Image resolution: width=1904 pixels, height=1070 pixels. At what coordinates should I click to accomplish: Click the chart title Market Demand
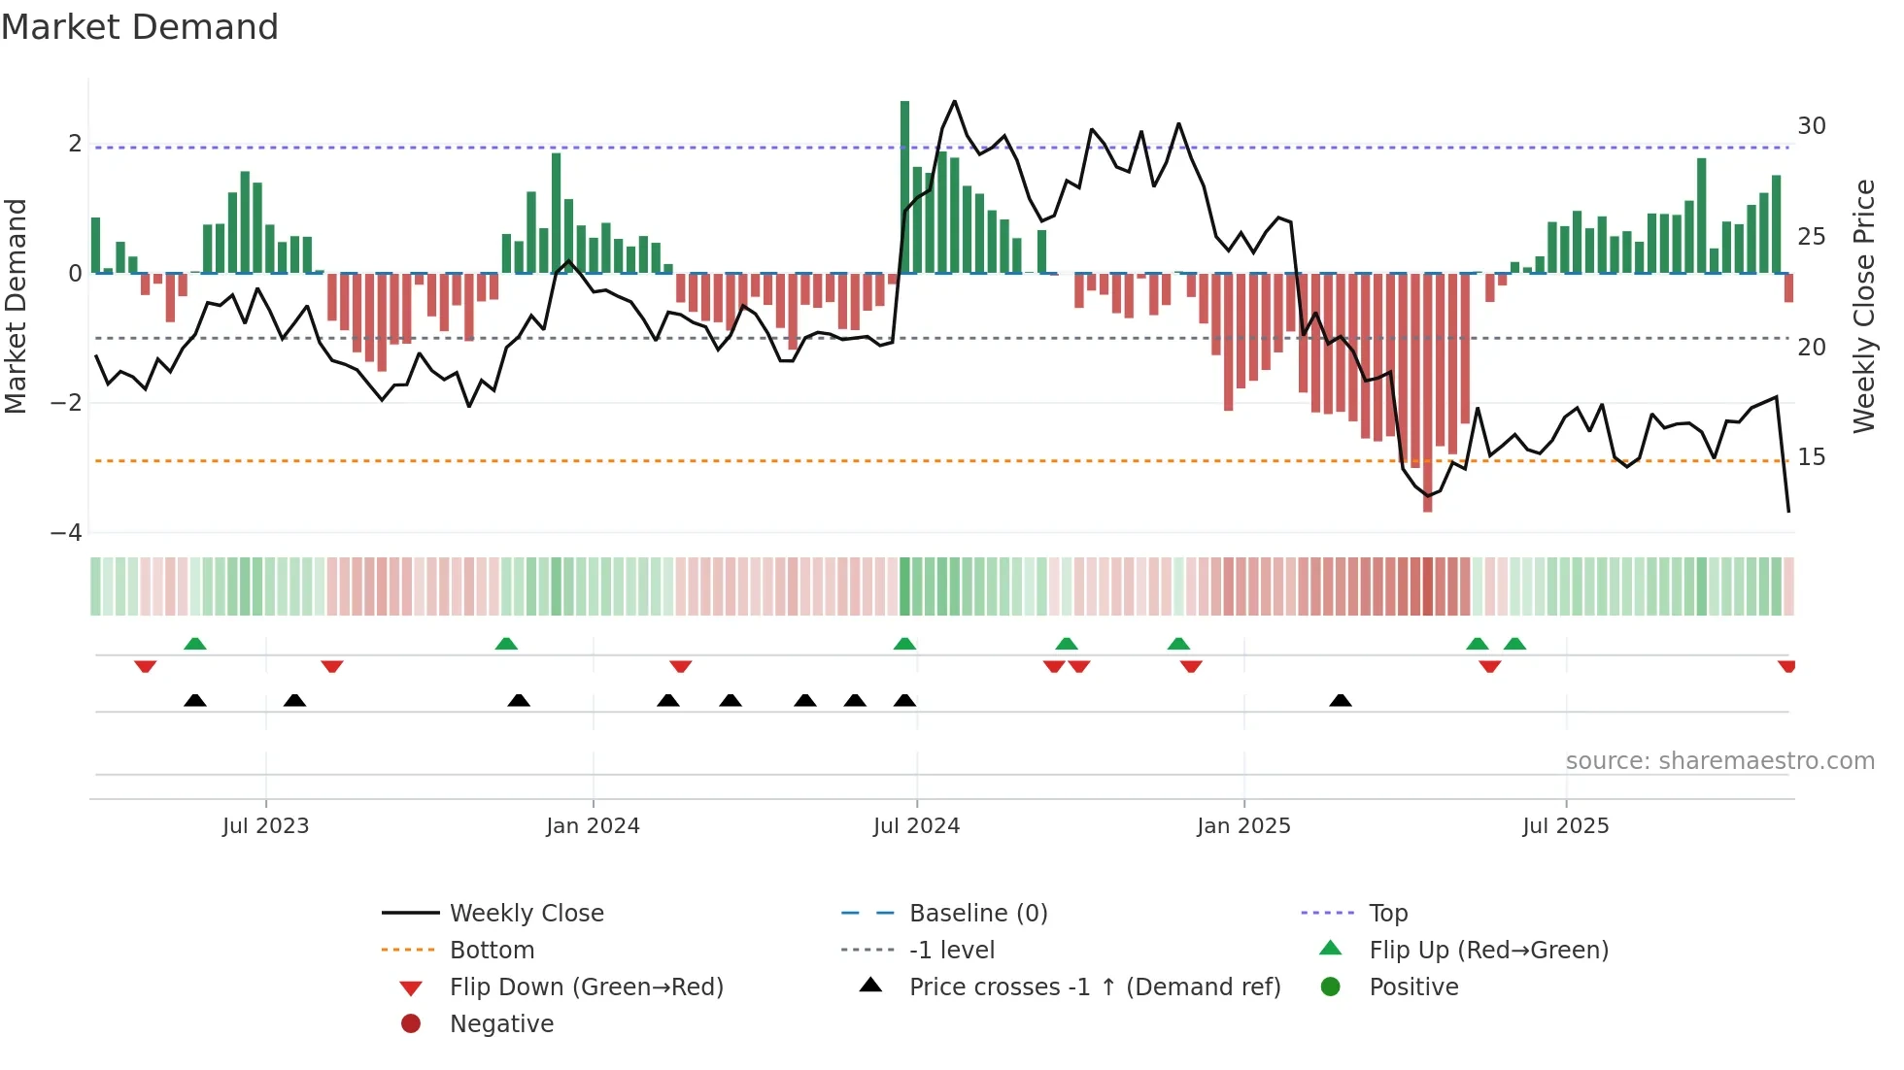pyautogui.click(x=140, y=27)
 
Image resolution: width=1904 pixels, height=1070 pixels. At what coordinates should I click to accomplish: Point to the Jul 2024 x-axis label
pyautogui.click(x=916, y=825)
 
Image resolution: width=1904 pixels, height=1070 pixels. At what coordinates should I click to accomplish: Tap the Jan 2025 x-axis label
pyautogui.click(x=1243, y=825)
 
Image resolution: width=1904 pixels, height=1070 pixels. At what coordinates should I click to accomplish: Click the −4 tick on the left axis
pyautogui.click(x=66, y=532)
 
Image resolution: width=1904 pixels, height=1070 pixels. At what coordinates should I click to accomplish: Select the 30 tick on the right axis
pyautogui.click(x=1811, y=126)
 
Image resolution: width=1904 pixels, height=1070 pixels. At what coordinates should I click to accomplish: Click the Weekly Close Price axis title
pyautogui.click(x=1863, y=306)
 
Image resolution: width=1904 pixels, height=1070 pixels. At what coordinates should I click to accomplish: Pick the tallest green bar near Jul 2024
pyautogui.click(x=904, y=184)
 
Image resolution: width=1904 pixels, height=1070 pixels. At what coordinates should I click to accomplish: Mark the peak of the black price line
pyautogui.click(x=954, y=101)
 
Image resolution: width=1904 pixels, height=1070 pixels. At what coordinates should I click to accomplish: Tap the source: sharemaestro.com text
pyautogui.click(x=1719, y=760)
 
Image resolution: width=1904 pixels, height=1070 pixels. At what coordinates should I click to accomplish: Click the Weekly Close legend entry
pyautogui.click(x=526, y=913)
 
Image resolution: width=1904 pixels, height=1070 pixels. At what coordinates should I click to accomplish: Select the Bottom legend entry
pyautogui.click(x=492, y=950)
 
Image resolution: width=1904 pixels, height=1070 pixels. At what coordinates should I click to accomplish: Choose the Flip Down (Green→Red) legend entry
pyautogui.click(x=586, y=986)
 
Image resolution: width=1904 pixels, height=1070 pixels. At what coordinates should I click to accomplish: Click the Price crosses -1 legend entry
pyautogui.click(x=1094, y=986)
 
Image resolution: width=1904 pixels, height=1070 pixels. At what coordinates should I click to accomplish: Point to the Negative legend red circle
pyautogui.click(x=411, y=1023)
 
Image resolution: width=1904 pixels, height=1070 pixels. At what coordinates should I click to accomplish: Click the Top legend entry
pyautogui.click(x=1387, y=913)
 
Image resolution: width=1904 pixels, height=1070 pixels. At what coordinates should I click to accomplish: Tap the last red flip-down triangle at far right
pyautogui.click(x=1786, y=666)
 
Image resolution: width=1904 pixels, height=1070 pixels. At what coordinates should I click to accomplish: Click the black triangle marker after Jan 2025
pyautogui.click(x=1341, y=700)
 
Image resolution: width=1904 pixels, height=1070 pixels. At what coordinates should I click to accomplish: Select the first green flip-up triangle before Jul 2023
pyautogui.click(x=195, y=644)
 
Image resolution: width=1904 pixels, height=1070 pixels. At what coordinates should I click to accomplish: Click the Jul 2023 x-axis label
pyautogui.click(x=265, y=825)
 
